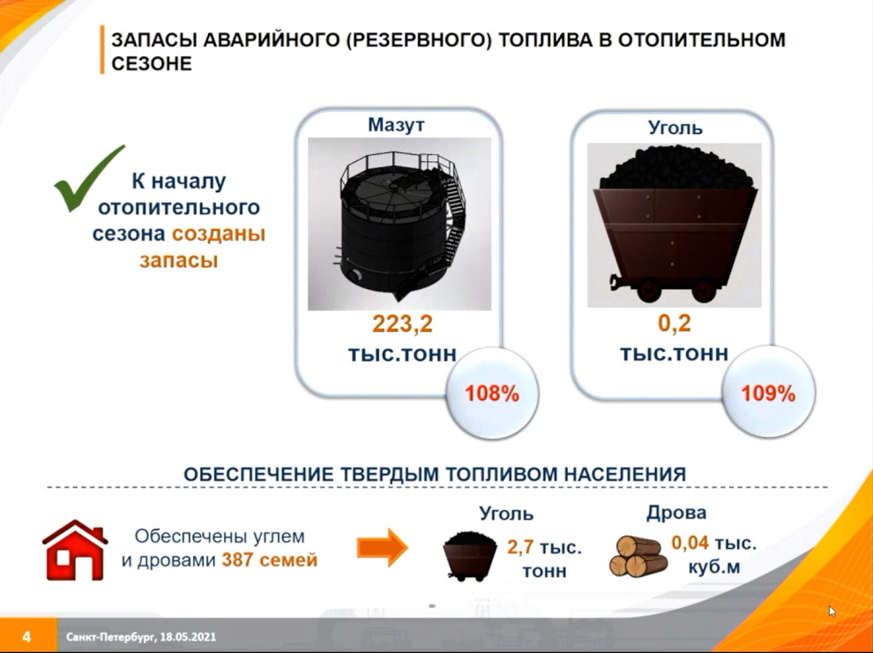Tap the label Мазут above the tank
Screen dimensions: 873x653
pyautogui.click(x=396, y=124)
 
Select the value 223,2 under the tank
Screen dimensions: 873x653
pyautogui.click(x=402, y=323)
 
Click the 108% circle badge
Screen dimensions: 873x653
pyautogui.click(x=492, y=394)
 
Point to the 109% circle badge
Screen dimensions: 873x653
pyautogui.click(x=768, y=393)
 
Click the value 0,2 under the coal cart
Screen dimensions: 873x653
pyautogui.click(x=674, y=323)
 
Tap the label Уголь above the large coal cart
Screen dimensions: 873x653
pyautogui.click(x=675, y=128)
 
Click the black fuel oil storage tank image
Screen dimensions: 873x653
pyautogui.click(x=399, y=224)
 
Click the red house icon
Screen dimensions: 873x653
pyautogui.click(x=75, y=550)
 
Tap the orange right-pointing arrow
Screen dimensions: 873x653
pyautogui.click(x=383, y=548)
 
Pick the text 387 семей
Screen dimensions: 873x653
pyautogui.click(x=270, y=560)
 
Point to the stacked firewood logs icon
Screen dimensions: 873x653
pyautogui.click(x=638, y=556)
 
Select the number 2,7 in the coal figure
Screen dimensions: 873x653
pyautogui.click(x=520, y=547)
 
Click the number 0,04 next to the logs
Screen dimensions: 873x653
pyautogui.click(x=690, y=542)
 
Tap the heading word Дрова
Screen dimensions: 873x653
pyautogui.click(x=675, y=512)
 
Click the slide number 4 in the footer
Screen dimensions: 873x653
pyautogui.click(x=26, y=636)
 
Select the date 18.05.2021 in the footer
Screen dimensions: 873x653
pyautogui.click(x=188, y=637)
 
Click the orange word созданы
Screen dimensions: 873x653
pyautogui.click(x=219, y=233)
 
